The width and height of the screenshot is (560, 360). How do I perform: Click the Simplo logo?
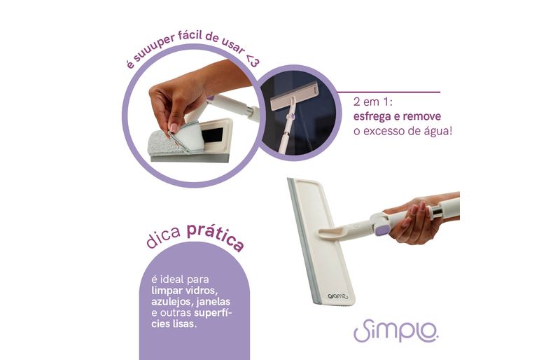(395, 330)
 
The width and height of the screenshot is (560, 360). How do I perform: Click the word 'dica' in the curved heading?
(163, 237)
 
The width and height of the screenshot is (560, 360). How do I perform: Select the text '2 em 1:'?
(372, 102)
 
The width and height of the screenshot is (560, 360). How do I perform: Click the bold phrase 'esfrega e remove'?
(397, 116)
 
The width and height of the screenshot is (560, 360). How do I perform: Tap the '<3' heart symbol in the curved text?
(251, 61)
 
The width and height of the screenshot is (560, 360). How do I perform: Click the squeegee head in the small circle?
(294, 96)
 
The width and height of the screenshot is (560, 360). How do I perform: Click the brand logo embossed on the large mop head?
(337, 296)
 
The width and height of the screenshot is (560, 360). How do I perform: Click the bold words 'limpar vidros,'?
(184, 290)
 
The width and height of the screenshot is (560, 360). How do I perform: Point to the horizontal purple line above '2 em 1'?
(388, 92)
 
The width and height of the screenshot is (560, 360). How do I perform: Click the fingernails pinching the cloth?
(171, 127)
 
